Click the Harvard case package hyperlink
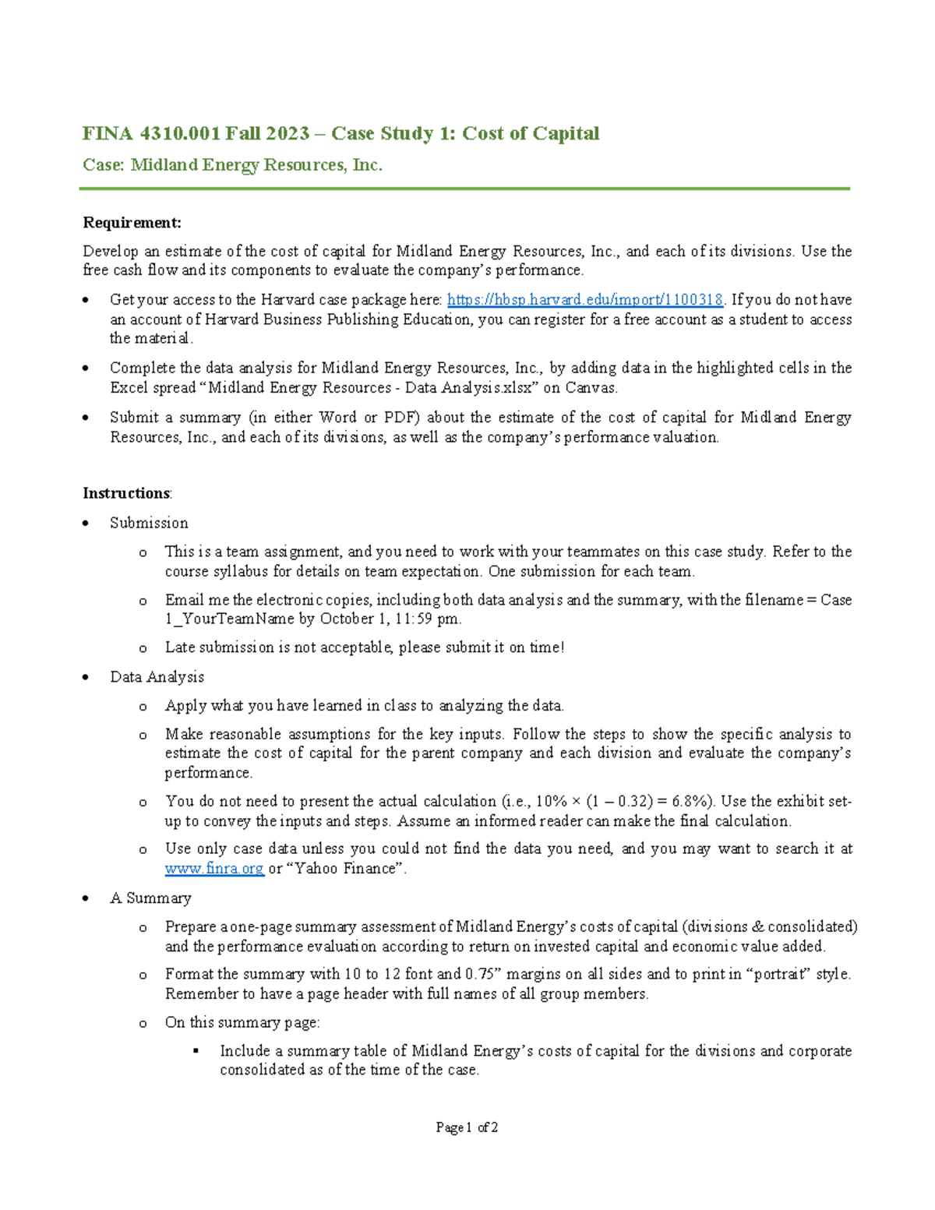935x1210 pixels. pyautogui.click(x=584, y=300)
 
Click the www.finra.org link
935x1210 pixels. pyautogui.click(x=214, y=869)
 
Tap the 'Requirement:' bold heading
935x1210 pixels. pyautogui.click(x=132, y=223)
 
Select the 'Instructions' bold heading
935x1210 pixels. pyautogui.click(x=126, y=493)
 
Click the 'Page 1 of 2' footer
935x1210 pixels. pyautogui.click(x=467, y=1127)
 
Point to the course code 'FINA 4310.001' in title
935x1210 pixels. pyautogui.click(x=151, y=134)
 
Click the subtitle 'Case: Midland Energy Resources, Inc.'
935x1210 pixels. pyautogui.click(x=232, y=165)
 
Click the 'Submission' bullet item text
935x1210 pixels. pyautogui.click(x=149, y=523)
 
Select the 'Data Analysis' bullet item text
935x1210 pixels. pyautogui.click(x=157, y=677)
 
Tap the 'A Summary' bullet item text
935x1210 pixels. pyautogui.click(x=150, y=898)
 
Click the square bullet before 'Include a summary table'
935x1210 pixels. pyautogui.click(x=196, y=1051)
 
